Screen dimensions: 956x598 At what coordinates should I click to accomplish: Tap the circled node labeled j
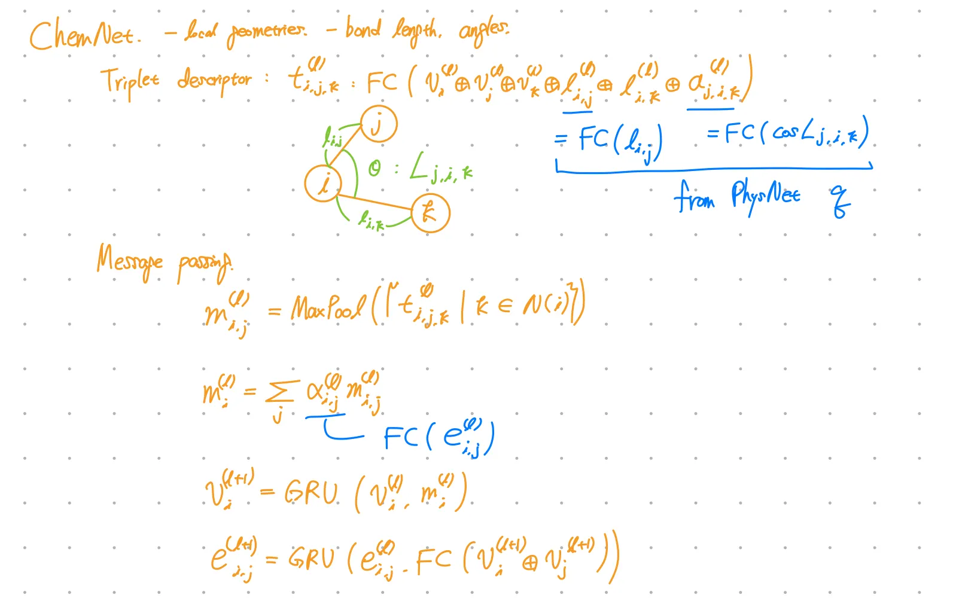(x=378, y=124)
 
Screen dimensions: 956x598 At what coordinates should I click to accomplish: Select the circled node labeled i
(x=323, y=183)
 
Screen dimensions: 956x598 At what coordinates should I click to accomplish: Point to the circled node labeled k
(x=430, y=213)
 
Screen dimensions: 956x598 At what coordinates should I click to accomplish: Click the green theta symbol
(x=375, y=169)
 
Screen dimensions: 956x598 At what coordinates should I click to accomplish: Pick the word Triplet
(x=129, y=82)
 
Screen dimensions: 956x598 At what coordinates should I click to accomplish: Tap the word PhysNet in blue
(x=765, y=196)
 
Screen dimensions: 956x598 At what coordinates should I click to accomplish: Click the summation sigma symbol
(x=279, y=392)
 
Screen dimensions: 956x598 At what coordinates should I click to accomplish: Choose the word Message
(x=129, y=261)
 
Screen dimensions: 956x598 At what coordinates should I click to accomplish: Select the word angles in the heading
(x=483, y=30)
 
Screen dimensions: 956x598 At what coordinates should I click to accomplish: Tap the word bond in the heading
(x=363, y=29)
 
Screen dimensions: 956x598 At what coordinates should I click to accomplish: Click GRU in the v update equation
(x=311, y=493)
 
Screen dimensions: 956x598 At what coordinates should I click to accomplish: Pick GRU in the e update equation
(x=311, y=559)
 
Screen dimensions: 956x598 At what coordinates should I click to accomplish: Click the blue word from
(x=694, y=197)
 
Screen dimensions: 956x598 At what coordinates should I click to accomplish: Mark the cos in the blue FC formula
(x=785, y=133)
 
